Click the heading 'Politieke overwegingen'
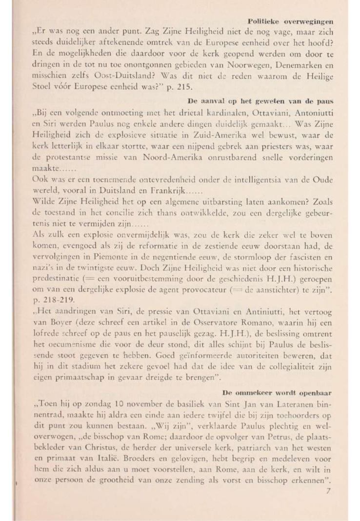click(291, 22)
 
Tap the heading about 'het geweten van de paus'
click(260, 101)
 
